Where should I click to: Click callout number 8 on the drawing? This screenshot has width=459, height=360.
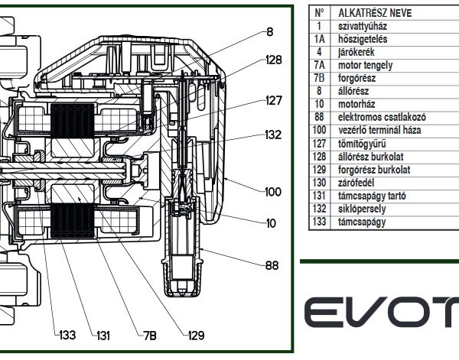tap(270, 32)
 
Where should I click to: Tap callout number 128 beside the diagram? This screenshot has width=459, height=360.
tap(274, 60)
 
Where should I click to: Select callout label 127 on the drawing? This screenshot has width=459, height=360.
tap(274, 101)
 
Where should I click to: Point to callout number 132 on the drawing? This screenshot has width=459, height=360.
tap(273, 135)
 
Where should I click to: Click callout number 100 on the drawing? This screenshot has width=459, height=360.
tap(273, 192)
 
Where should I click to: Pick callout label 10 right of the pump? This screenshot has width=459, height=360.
tap(271, 223)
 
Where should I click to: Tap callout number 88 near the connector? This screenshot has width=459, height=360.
tap(272, 265)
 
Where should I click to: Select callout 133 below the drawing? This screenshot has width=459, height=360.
tap(67, 335)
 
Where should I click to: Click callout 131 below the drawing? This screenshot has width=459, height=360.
tap(103, 336)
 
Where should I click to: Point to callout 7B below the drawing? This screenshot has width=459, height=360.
tap(150, 336)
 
